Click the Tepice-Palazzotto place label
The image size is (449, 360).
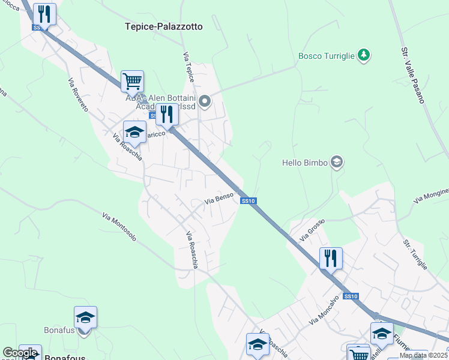(164, 26)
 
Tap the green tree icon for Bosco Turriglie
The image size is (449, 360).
(363, 56)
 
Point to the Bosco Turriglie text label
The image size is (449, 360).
(327, 56)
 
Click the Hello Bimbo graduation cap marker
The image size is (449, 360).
(337, 162)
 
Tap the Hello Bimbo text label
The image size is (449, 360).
(305, 163)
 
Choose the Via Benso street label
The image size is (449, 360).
(218, 198)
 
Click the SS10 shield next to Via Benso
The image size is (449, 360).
(249, 201)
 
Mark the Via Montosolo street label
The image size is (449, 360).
(119, 226)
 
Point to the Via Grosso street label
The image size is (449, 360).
(312, 229)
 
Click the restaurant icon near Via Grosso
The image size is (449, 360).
(331, 258)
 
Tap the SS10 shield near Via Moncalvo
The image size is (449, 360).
(351, 296)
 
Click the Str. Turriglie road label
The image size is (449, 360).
(415, 254)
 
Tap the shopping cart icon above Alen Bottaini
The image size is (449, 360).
(132, 81)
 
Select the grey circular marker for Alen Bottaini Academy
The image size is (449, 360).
(205, 101)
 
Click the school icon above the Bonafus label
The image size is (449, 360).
(85, 317)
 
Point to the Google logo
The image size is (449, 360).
(20, 353)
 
